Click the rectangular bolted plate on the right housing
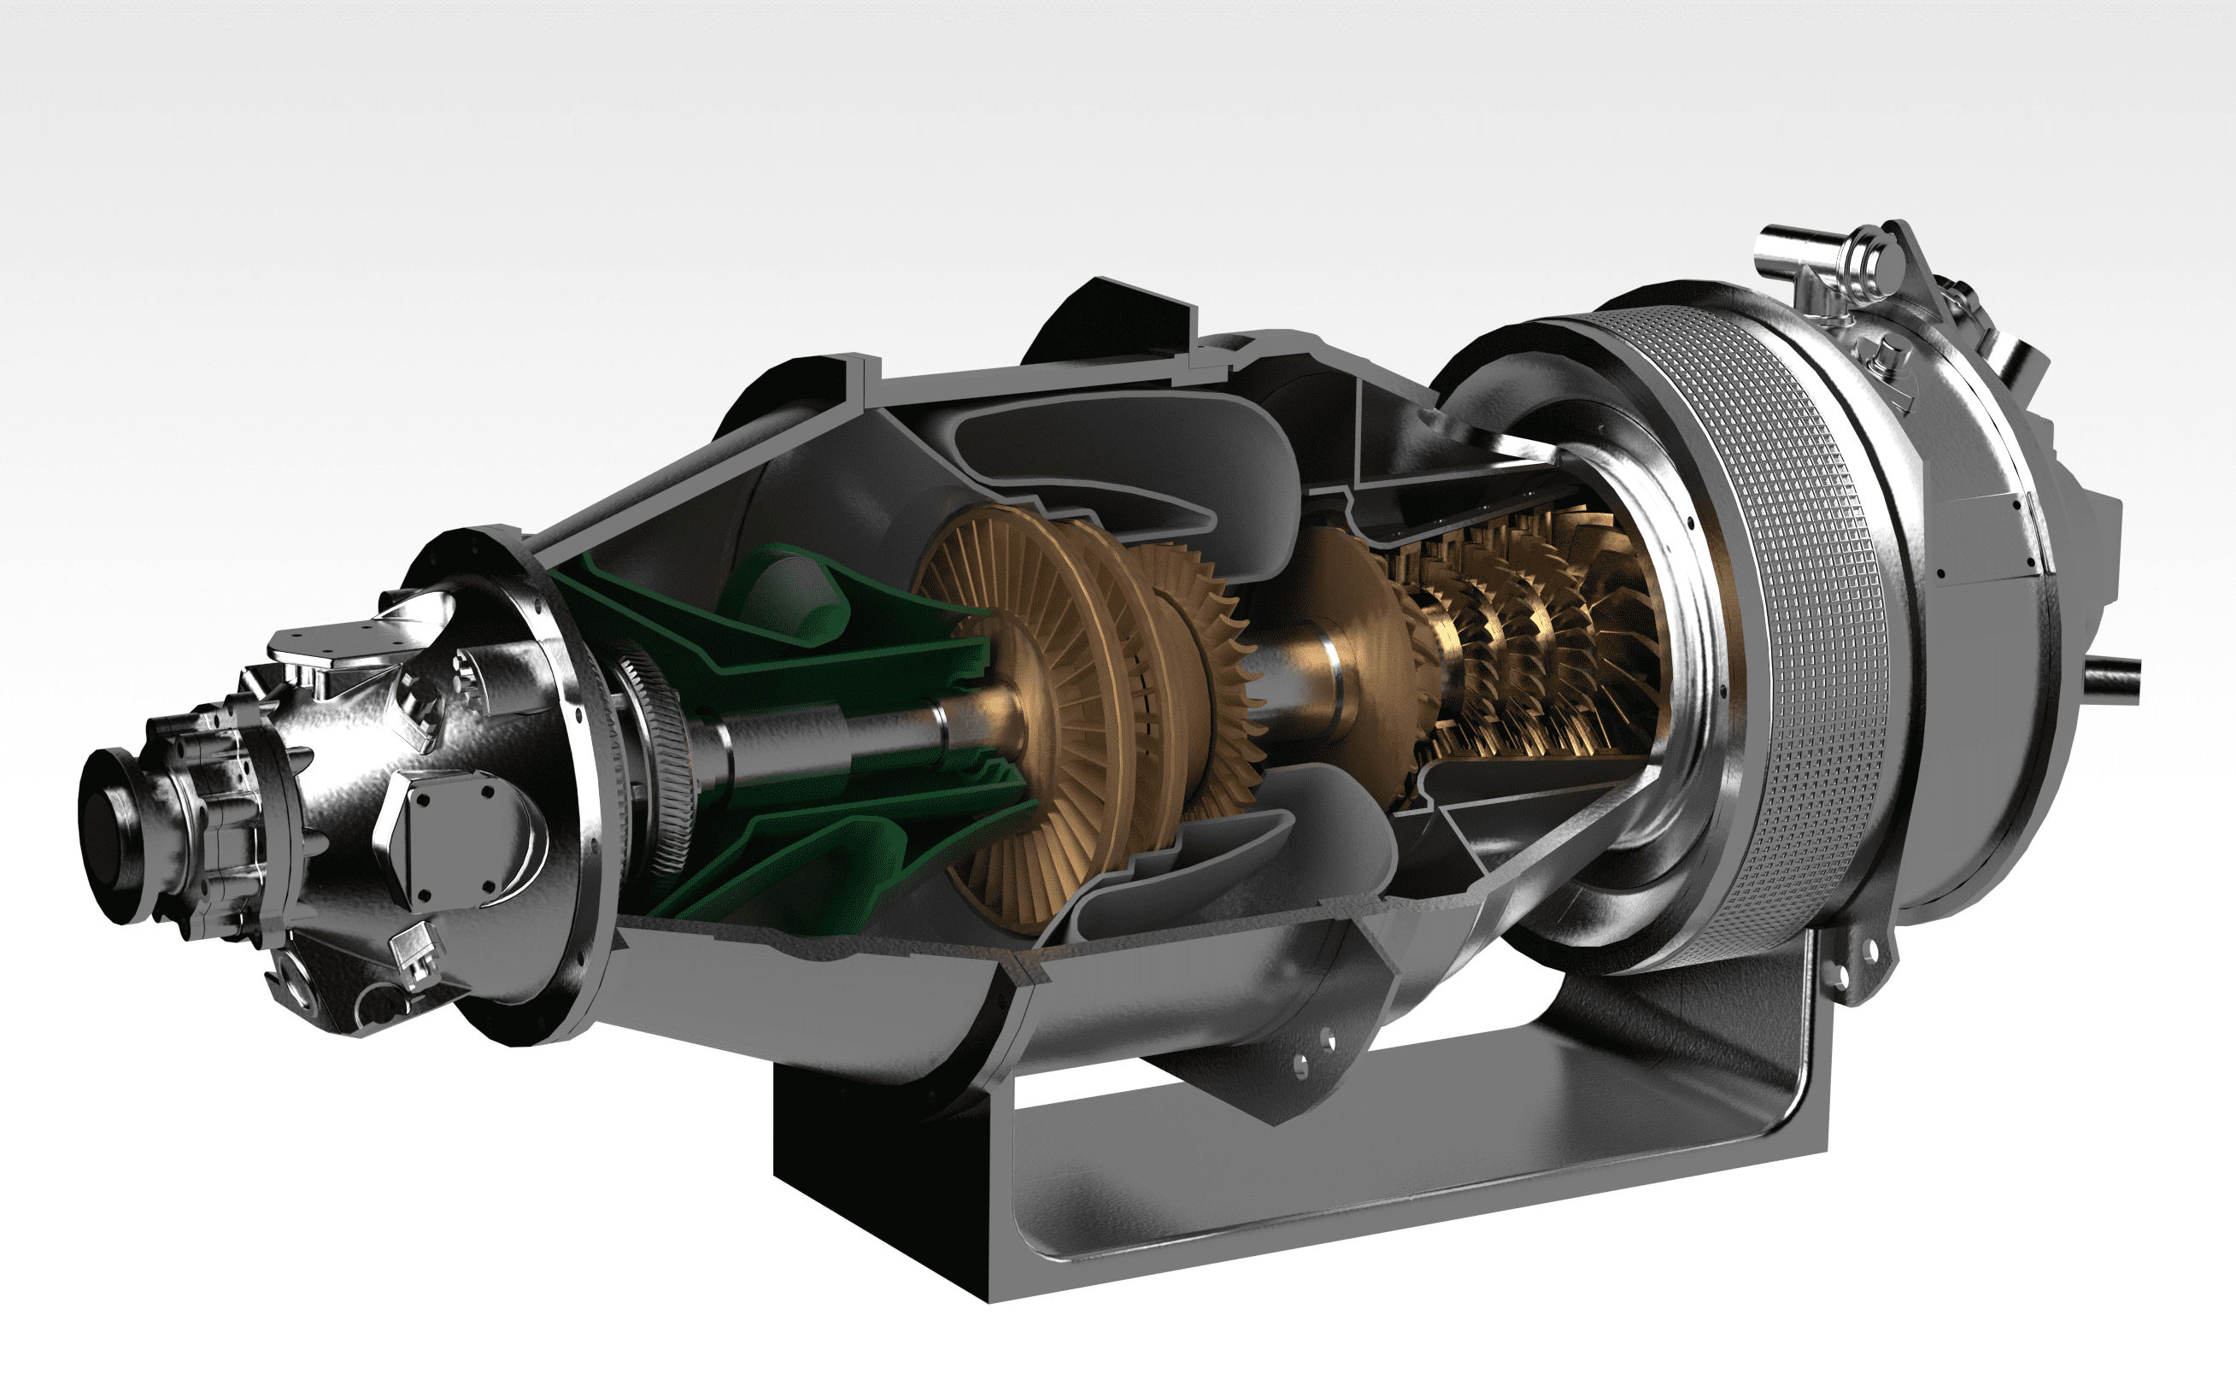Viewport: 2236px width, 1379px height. click(x=1988, y=538)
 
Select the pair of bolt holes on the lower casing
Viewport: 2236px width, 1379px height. click(x=1313, y=1049)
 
